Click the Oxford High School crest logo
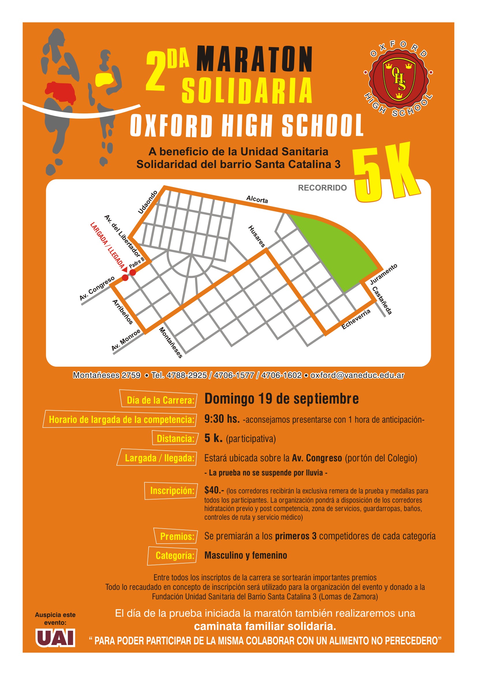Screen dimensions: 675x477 [398, 80]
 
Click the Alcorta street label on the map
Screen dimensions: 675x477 [257, 199]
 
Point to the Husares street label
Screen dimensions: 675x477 [257, 236]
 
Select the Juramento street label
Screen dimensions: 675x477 [383, 274]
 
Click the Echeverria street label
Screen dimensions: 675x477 [356, 319]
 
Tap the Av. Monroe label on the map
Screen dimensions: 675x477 [126, 340]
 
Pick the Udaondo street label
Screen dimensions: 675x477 [147, 202]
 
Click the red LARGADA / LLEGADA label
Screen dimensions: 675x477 [108, 245]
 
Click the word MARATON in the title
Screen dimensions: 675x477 [254, 59]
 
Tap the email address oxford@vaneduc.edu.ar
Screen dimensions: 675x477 [357, 375]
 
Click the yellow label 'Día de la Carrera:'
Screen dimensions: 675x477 [160, 400]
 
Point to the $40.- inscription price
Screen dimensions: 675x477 [214, 490]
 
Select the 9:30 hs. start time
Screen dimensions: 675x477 [222, 419]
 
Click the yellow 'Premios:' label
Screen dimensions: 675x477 [177, 536]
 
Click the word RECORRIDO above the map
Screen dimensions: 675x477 [322, 188]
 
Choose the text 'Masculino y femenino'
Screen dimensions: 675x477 [246, 555]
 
